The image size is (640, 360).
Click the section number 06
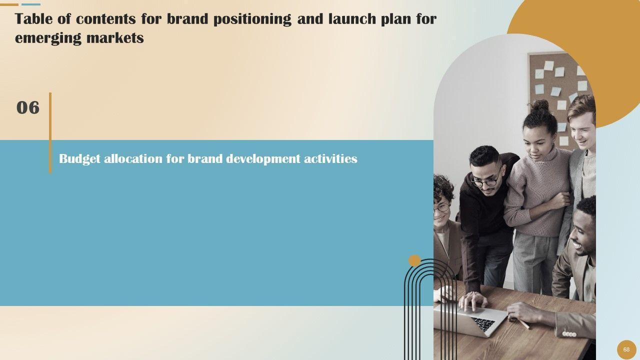click(28, 107)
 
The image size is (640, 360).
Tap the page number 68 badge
click(626, 349)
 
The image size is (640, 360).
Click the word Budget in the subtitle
click(79, 159)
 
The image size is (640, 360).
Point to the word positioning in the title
click(252, 19)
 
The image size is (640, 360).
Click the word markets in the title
click(115, 37)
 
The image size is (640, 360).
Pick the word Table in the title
click(33, 19)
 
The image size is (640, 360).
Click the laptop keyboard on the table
click(483, 323)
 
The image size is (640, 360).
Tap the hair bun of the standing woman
click(539, 105)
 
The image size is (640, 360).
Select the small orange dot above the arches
click(414, 260)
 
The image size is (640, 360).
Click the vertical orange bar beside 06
click(50, 133)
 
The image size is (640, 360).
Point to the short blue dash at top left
click(31, 4)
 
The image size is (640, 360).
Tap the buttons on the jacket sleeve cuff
click(569, 333)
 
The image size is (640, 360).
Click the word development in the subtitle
click(263, 159)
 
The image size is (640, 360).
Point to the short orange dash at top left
click(9, 4)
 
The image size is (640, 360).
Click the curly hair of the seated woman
click(442, 187)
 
